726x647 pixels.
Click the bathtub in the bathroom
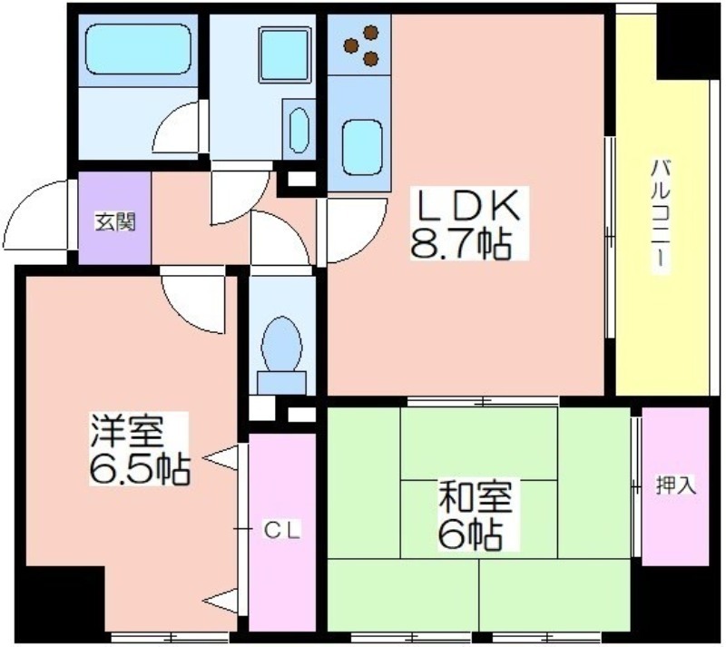point(139,49)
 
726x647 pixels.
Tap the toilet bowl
point(281,344)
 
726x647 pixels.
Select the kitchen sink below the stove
point(362,147)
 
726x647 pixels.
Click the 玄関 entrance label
point(115,221)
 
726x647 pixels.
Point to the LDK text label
point(467,206)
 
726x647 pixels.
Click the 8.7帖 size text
point(462,243)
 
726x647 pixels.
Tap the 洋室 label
point(126,431)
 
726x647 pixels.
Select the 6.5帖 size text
point(140,469)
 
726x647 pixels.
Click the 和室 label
point(476,497)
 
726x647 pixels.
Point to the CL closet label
point(282,530)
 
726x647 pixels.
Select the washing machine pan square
point(284,55)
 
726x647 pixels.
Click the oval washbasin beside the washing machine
point(299,131)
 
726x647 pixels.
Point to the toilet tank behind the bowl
point(281,383)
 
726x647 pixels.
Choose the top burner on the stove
point(371,33)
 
